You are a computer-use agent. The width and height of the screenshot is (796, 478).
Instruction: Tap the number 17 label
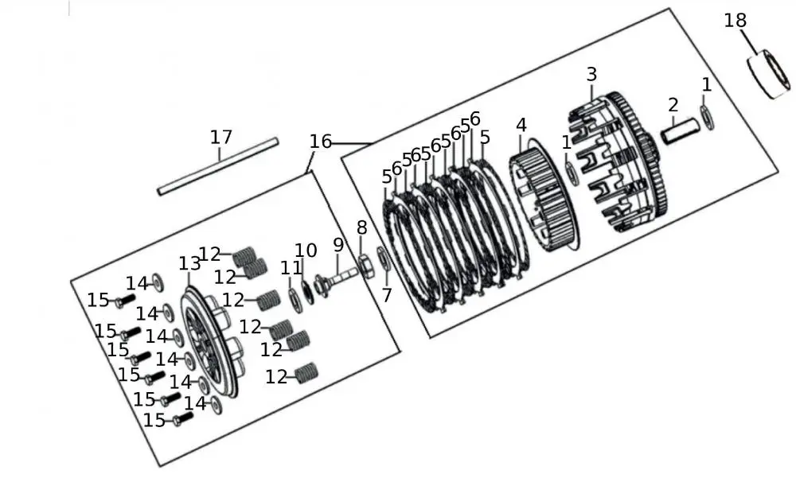pyautogui.click(x=221, y=137)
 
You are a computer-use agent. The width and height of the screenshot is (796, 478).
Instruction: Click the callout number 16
pyautogui.click(x=321, y=142)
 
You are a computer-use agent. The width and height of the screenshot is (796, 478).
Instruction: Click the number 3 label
pyautogui.click(x=591, y=75)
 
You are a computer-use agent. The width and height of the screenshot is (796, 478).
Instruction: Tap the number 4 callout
pyautogui.click(x=521, y=126)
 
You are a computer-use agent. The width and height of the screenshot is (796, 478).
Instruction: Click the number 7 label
pyautogui.click(x=387, y=296)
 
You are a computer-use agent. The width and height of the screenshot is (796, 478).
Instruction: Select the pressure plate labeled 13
pyautogui.click(x=211, y=342)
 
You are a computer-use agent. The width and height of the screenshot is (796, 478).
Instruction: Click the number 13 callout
pyautogui.click(x=189, y=263)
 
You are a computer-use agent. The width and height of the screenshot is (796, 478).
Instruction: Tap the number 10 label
pyautogui.click(x=306, y=252)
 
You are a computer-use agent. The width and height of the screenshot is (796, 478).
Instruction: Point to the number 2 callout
pyautogui.click(x=673, y=104)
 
